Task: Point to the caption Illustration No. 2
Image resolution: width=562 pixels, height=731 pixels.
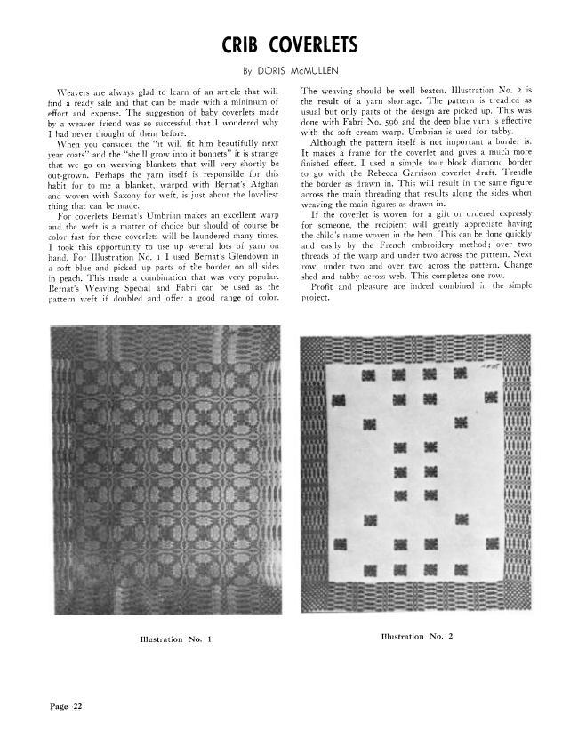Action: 416,637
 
